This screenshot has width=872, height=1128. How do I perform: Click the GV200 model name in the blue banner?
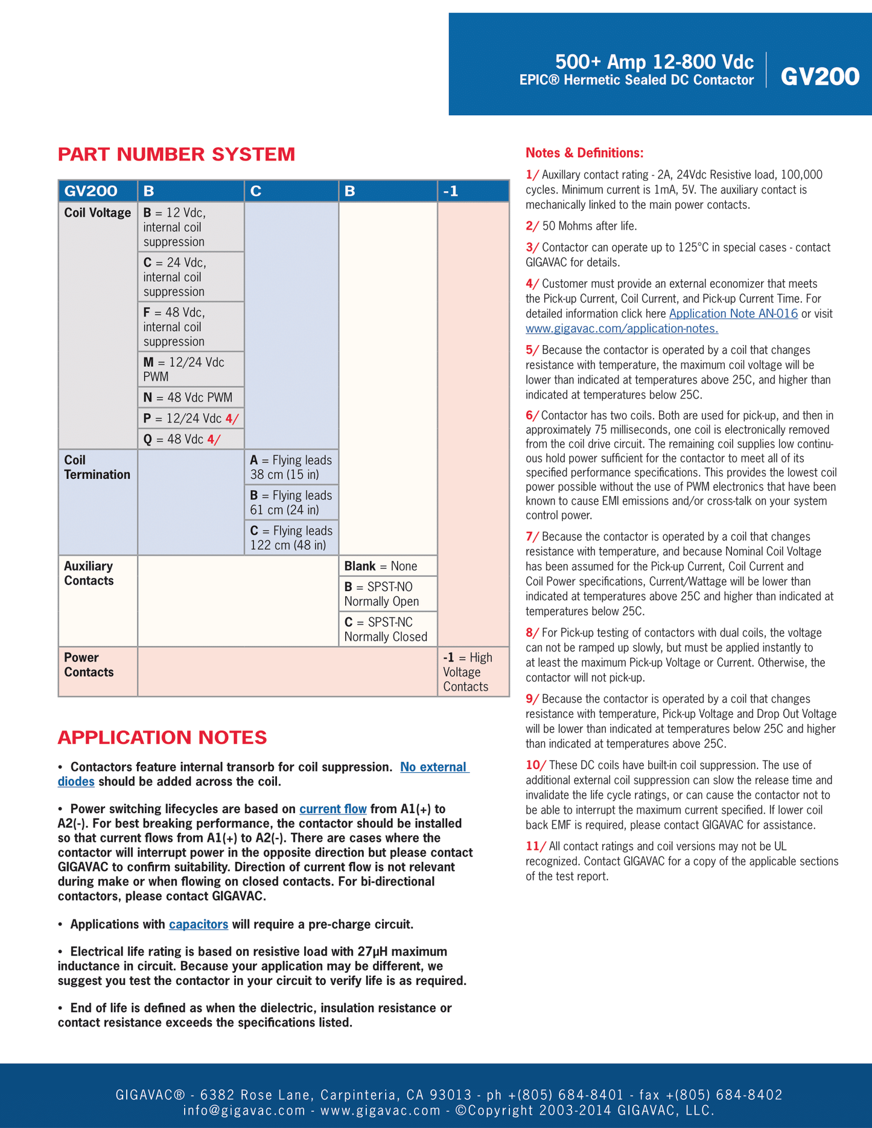point(819,77)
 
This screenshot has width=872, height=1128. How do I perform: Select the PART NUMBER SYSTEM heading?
point(176,154)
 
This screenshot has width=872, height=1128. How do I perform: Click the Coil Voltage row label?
point(97,213)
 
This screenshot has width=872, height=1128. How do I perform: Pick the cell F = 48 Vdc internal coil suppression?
point(191,326)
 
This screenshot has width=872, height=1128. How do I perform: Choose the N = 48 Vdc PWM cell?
point(191,398)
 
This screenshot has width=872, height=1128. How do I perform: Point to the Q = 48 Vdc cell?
point(191,439)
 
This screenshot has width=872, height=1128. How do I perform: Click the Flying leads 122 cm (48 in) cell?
point(291,537)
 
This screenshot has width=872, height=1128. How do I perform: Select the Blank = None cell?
point(387,566)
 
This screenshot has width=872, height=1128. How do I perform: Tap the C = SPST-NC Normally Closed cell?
point(387,629)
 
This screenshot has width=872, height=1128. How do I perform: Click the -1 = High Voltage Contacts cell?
point(473,671)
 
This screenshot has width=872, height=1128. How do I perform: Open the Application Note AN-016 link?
point(733,314)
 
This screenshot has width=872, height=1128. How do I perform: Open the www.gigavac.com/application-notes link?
point(622,329)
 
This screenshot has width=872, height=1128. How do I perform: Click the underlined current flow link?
point(333,809)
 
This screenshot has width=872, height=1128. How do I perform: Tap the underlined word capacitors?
point(199,924)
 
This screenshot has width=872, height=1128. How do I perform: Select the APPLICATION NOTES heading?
point(162,737)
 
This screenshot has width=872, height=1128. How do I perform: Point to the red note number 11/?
point(535,846)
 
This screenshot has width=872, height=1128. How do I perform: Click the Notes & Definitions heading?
point(584,153)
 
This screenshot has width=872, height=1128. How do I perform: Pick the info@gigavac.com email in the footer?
point(244,1111)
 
